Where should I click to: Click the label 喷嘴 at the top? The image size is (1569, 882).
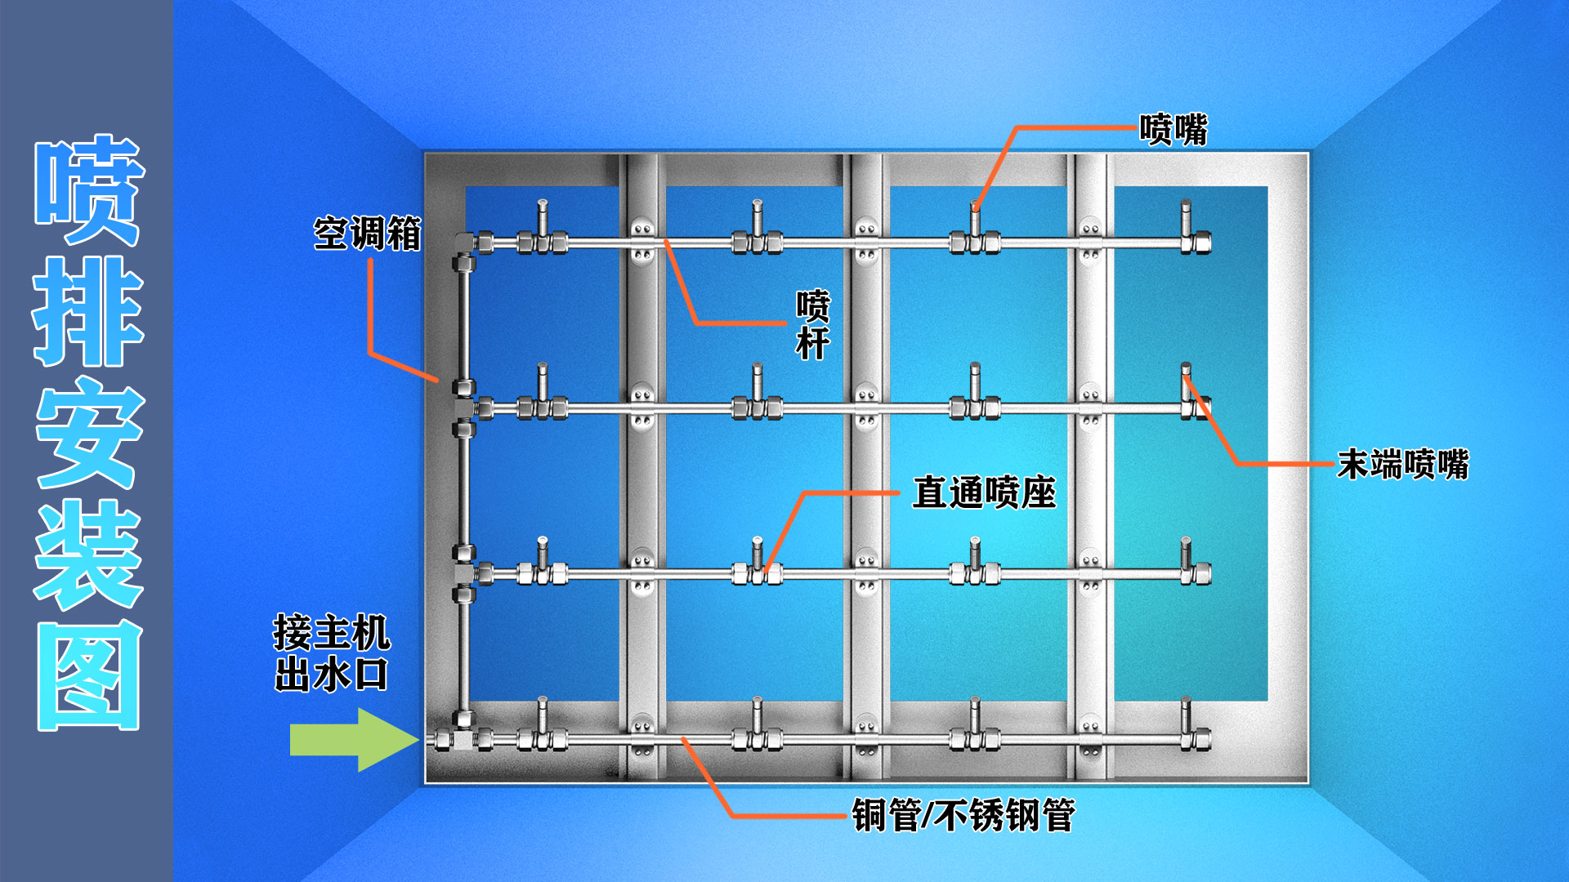coord(1173,130)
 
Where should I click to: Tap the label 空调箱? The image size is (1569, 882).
coord(367,234)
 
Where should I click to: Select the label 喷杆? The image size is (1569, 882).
coord(813,324)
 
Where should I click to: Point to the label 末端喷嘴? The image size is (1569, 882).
coord(1402,465)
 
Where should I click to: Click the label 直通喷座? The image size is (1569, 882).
coord(984,492)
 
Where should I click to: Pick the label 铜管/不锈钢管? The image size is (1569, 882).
coord(963,815)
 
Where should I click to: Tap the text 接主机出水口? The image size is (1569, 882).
coord(331,653)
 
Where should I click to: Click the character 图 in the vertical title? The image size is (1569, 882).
coord(88,676)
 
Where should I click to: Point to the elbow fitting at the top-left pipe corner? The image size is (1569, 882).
coord(463,242)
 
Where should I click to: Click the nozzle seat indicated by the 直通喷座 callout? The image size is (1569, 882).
coord(758,572)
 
